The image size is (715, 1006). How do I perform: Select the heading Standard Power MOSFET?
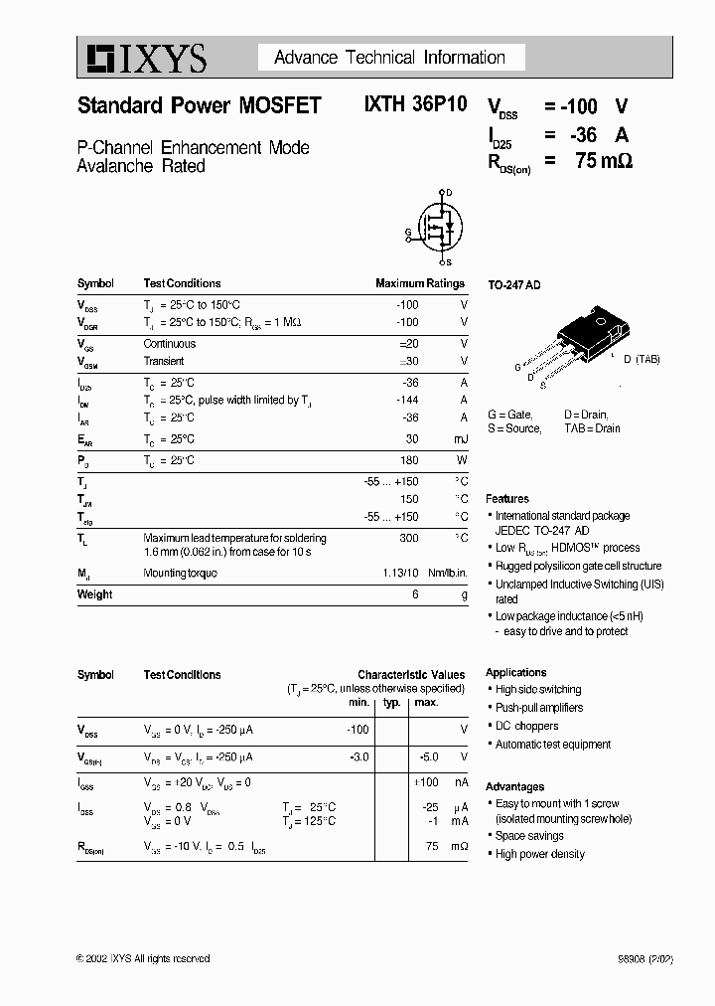199,106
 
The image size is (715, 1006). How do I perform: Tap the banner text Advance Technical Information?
390,58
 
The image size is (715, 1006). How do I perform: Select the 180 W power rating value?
408,461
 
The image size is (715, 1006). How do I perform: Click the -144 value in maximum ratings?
407,400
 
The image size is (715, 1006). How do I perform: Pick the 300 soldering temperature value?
408,538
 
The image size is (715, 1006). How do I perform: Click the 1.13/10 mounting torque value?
401,574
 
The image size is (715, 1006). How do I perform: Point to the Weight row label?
94,594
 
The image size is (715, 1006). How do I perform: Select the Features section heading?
507,499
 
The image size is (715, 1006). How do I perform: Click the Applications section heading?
515,673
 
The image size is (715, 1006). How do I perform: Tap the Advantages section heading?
514,786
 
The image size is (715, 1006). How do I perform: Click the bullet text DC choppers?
527,726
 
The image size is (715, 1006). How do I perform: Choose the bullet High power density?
540,854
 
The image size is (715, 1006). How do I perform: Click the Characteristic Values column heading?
410,675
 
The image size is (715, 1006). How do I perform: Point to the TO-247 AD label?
513,285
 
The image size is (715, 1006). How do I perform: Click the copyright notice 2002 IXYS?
143,958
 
